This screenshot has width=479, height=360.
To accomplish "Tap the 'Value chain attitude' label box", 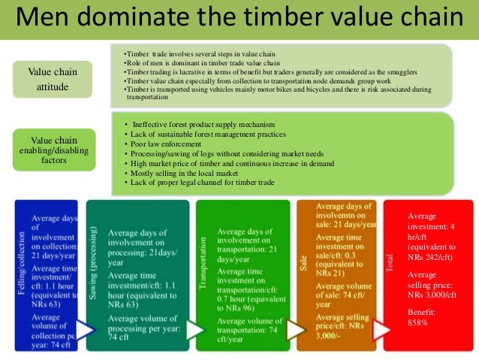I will (53, 79).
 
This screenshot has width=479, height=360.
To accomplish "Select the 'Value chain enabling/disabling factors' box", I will (53, 150).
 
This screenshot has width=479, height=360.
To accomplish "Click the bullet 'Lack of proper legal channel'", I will (197, 183).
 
